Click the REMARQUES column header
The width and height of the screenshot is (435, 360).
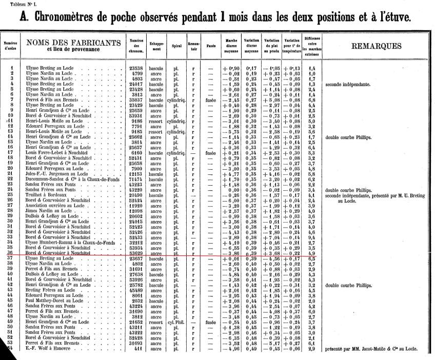[377, 46]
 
